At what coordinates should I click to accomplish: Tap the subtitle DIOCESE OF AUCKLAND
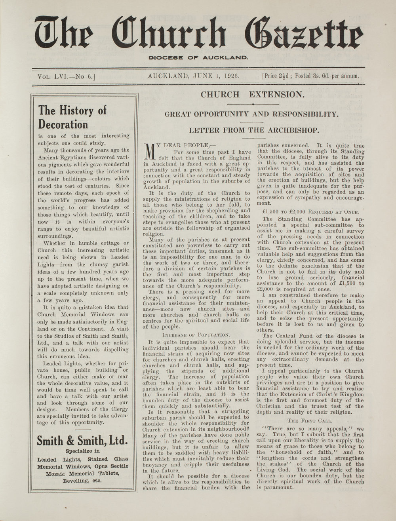pyautogui.click(x=198, y=58)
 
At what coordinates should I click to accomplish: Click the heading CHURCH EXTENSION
pyautogui.click(x=252, y=95)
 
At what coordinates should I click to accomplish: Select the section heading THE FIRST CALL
pyautogui.click(x=310, y=421)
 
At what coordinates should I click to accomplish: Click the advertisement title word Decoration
pyautogui.click(x=63, y=124)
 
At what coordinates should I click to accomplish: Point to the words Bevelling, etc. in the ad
pyautogui.click(x=82, y=481)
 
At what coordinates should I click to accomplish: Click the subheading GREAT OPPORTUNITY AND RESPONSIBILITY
pyautogui.click(x=251, y=114)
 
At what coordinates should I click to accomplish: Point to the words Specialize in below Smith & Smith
pyautogui.click(x=82, y=451)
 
